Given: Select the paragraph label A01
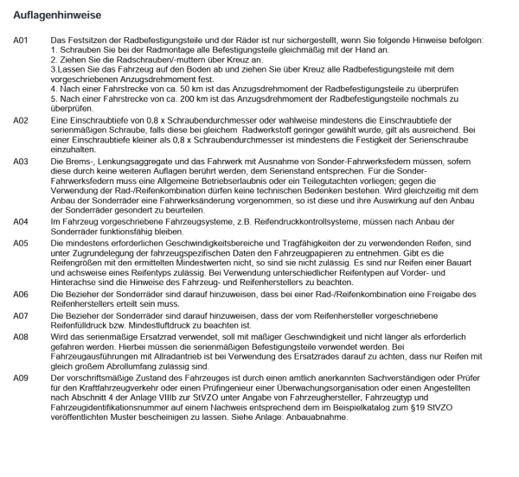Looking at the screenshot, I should pos(22,41).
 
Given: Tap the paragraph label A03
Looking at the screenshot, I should pos(22,161).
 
